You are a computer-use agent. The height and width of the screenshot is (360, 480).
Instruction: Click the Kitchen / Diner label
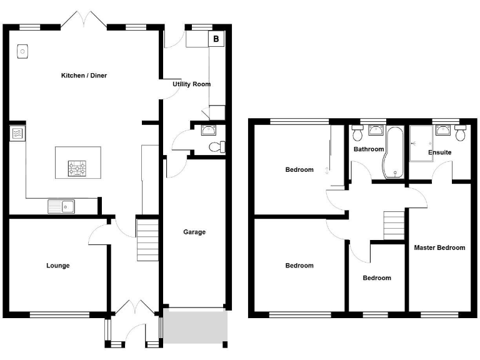click(x=84, y=76)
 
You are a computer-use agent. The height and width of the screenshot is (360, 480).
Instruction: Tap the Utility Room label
click(x=192, y=84)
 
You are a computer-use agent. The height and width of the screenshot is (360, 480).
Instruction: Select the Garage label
click(x=194, y=232)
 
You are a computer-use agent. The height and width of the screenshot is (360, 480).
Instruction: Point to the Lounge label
click(x=58, y=266)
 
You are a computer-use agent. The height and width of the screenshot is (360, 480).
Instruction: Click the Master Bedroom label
click(x=439, y=247)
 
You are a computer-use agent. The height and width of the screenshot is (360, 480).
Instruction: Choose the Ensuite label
click(x=439, y=152)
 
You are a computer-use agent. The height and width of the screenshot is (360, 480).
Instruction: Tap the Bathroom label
click(x=369, y=149)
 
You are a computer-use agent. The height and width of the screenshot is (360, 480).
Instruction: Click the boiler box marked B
click(x=216, y=39)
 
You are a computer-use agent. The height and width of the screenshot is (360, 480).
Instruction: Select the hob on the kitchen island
click(x=77, y=167)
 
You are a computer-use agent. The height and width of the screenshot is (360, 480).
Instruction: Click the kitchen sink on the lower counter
click(x=61, y=206)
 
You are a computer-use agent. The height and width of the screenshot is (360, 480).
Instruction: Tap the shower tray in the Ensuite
click(x=420, y=143)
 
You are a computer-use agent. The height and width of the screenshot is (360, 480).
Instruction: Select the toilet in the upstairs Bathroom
click(x=358, y=133)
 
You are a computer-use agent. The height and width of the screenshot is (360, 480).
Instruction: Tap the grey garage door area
click(x=194, y=326)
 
